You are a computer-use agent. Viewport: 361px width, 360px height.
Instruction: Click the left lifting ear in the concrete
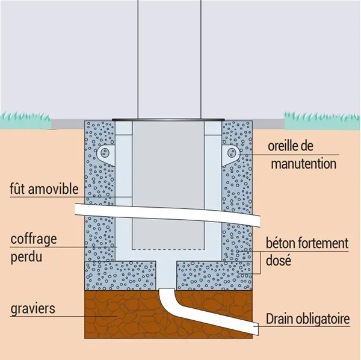tap(106, 153)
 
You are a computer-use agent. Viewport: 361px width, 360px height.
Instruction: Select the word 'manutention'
tap(303, 163)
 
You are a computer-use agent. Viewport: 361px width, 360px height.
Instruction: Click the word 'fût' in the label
tap(19, 189)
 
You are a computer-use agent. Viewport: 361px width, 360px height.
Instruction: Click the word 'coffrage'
tap(34, 238)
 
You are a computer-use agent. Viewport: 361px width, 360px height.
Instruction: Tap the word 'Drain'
tap(280, 319)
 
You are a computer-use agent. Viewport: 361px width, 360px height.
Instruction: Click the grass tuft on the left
tap(27, 119)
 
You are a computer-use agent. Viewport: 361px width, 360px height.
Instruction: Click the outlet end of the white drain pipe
tap(255, 329)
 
